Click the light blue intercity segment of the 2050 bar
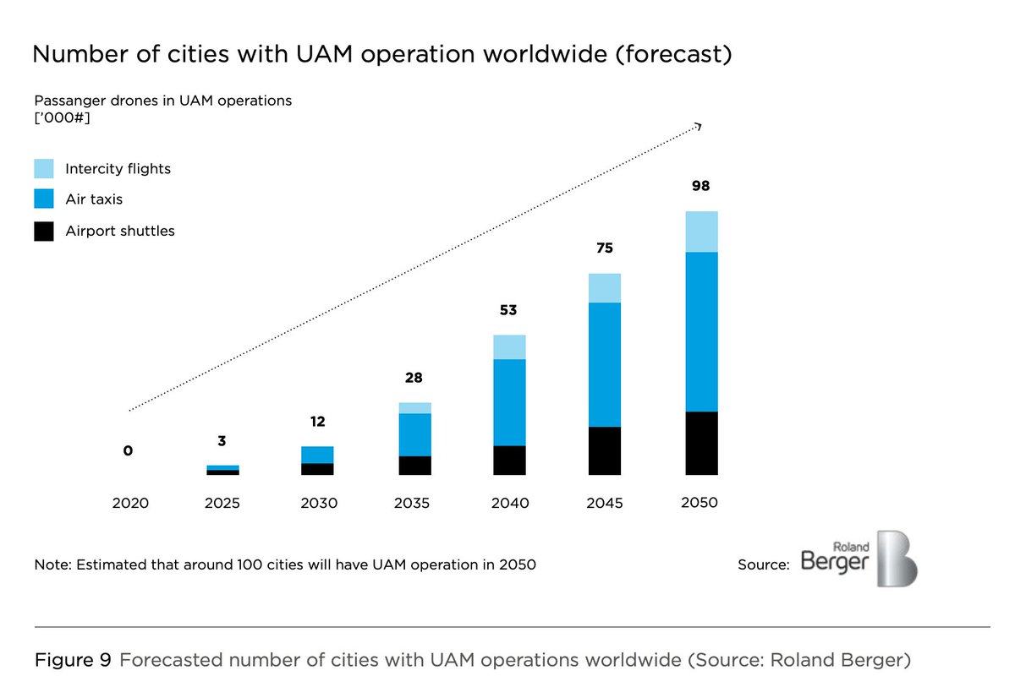pos(701,232)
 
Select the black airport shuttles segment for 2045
pos(605,450)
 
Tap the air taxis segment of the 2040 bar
pos(509,402)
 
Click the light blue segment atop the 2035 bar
pos(414,408)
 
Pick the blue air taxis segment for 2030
pos(317,455)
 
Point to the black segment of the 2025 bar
pos(222,472)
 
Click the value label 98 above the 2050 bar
pos(700,186)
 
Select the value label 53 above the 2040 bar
pos(508,311)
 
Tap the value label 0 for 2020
pos(128,451)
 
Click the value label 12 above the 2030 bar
pos(317,422)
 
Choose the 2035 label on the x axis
pos(414,503)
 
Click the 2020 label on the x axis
pos(130,503)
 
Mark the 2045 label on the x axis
pos(604,503)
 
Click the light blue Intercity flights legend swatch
pos(44,168)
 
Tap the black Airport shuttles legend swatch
pos(44,231)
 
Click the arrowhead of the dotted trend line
pos(699,126)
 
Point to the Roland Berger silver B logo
pos(897,559)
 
